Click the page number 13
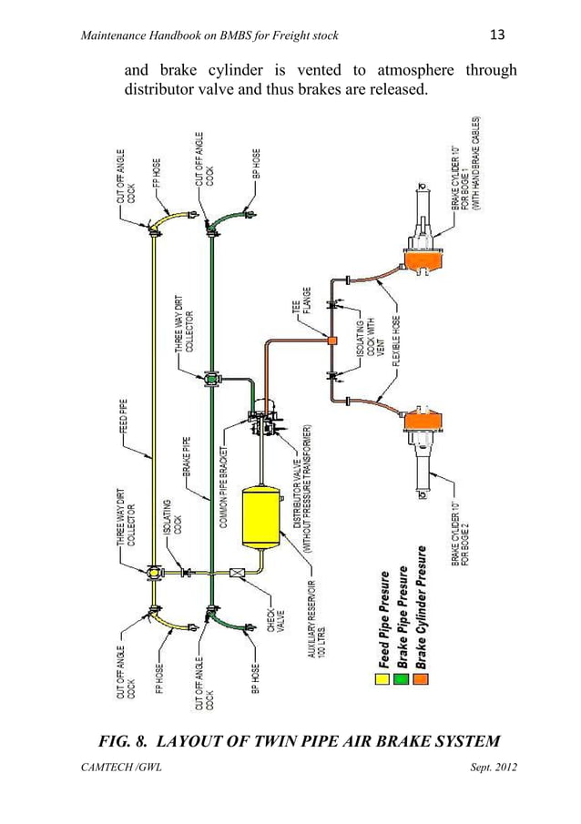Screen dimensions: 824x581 [x=497, y=36]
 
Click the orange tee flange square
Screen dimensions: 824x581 [x=332, y=341]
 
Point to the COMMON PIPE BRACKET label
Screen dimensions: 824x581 [x=222, y=486]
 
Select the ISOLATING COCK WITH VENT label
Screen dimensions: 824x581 [x=365, y=341]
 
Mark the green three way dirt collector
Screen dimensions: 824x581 [x=211, y=379]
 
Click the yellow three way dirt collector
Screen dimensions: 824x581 [x=152, y=574]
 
